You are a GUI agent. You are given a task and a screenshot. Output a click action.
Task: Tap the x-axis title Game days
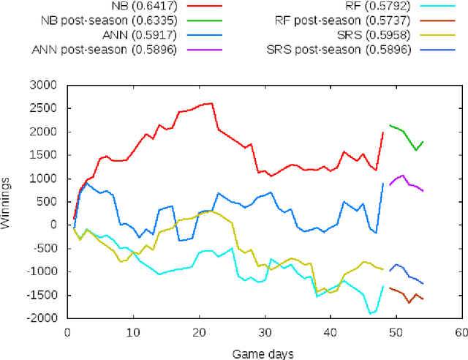263,353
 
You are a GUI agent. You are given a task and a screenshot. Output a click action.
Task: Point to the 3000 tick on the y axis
46,85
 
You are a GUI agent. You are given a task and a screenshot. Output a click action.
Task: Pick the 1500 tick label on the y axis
46,155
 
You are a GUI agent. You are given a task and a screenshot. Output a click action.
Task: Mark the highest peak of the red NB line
212,103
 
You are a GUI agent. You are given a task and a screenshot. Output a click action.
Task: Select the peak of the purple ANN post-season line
403,176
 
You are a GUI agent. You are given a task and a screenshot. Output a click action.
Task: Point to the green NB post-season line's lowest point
416,150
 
